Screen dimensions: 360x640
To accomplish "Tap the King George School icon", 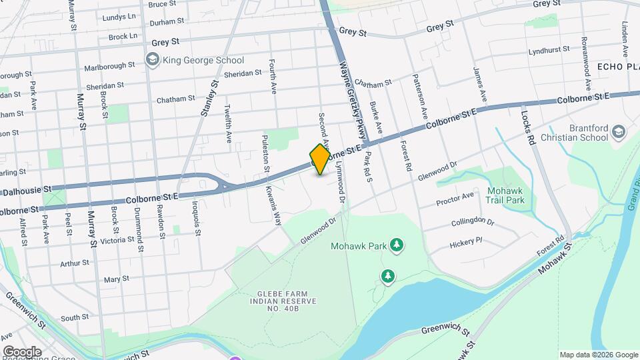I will (153, 61).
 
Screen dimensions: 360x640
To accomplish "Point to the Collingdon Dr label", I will (472, 222).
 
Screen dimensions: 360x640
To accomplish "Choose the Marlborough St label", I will (109, 67).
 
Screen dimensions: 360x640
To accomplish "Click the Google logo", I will (22, 351).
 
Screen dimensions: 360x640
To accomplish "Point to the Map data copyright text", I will (598, 355).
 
